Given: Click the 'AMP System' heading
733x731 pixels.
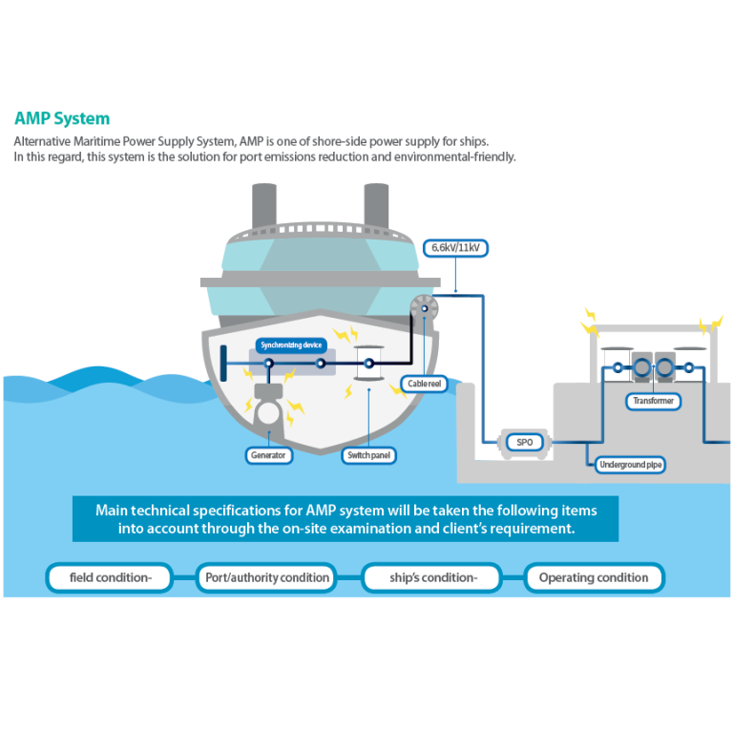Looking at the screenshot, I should point(62,119).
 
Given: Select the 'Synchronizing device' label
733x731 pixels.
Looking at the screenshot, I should point(292,344).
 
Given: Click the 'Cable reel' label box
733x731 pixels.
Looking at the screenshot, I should point(422,384).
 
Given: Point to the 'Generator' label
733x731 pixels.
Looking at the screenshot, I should point(268,455).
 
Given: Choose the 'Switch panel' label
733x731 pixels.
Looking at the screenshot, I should point(368,455).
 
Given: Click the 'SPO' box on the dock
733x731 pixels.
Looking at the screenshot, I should point(524,443).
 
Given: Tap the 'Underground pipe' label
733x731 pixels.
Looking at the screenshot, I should point(630,465).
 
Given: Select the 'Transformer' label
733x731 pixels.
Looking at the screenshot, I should point(653,401).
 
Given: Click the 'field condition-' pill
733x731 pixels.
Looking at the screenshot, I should point(109,577).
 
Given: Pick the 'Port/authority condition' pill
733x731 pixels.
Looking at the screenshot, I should point(267,577).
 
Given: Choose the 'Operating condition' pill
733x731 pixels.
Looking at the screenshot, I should point(594,577).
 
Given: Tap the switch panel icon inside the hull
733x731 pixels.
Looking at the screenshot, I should point(368,365).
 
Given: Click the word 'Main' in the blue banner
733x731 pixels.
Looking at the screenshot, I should point(112,510).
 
